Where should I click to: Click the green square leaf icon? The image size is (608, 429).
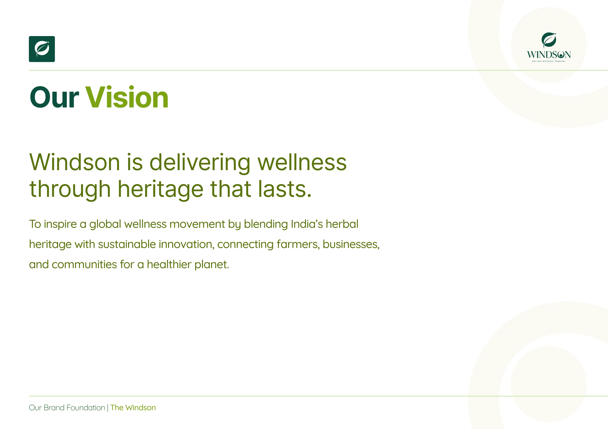[42, 49]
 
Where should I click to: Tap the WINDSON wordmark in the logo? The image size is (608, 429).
[549, 55]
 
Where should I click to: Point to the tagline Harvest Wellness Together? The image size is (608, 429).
[549, 61]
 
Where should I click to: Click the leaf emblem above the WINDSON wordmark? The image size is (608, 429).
[549, 41]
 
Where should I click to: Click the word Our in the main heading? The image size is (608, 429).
[54, 97]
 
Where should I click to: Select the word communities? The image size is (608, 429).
[84, 264]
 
